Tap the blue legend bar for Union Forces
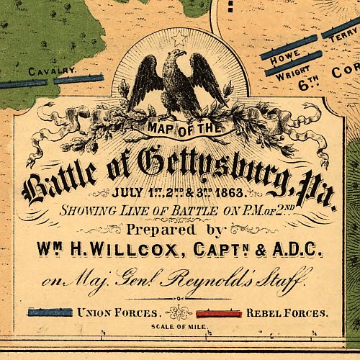click(x=50, y=312)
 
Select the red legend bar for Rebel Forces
click(x=219, y=313)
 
